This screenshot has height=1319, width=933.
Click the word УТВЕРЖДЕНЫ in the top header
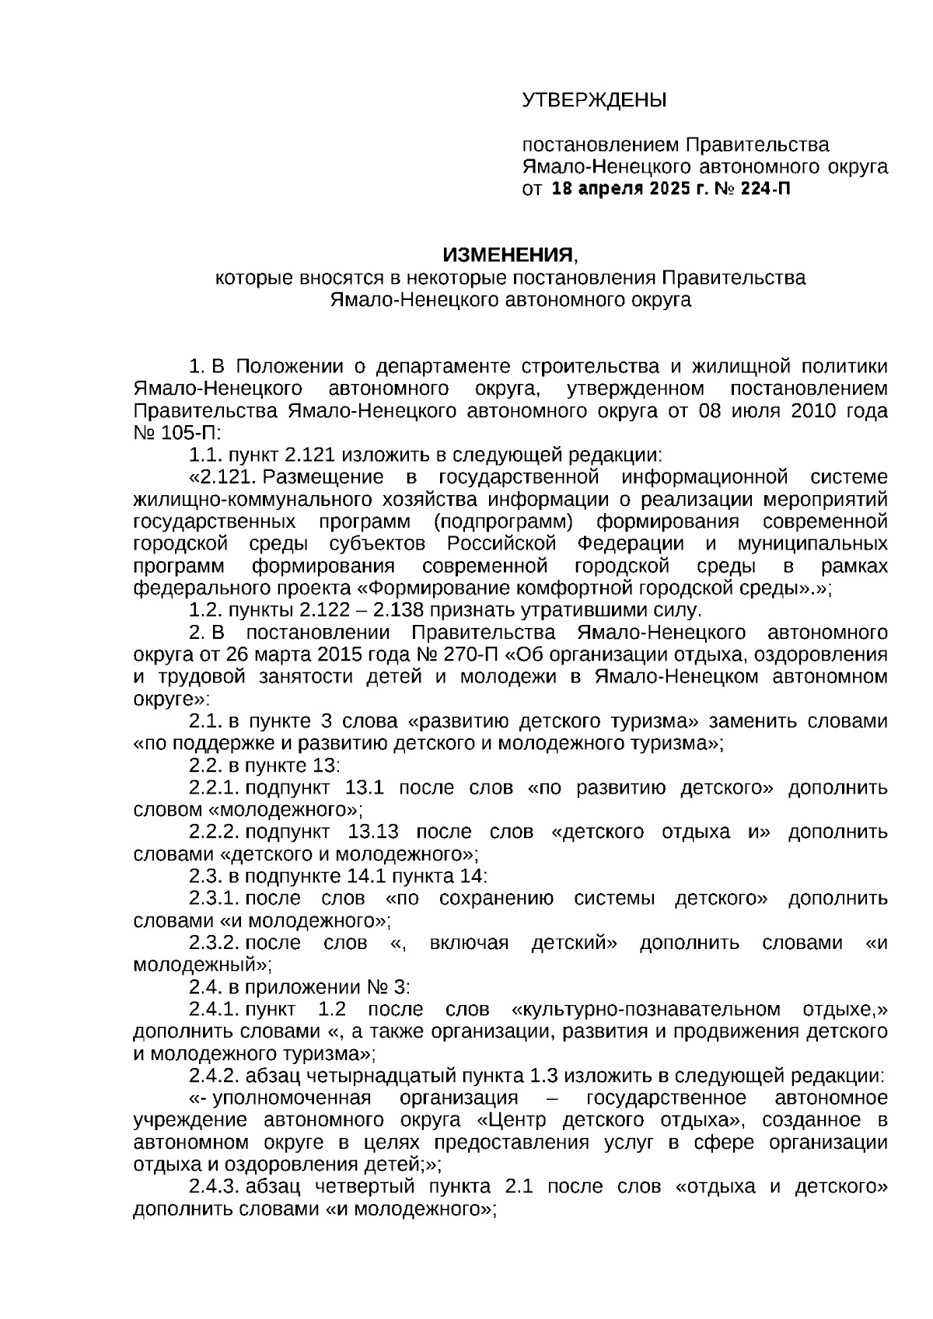coord(594,100)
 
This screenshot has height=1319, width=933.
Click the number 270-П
coord(421,654)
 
